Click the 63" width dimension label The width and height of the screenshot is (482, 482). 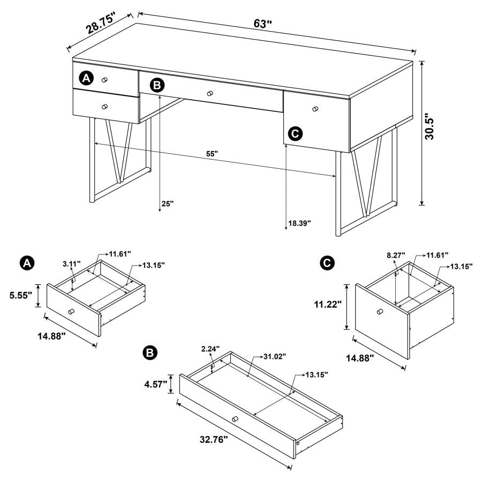[263, 24]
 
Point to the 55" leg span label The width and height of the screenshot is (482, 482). [212, 154]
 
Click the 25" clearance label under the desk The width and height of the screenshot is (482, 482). [168, 204]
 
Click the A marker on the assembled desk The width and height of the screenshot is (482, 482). [86, 79]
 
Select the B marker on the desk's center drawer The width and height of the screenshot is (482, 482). [156, 85]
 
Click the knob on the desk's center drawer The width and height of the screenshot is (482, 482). [210, 94]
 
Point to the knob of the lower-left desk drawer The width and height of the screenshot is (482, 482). [104, 106]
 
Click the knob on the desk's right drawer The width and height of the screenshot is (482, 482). [315, 109]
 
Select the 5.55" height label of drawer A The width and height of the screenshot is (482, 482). [20, 295]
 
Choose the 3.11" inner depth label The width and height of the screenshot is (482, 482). [71, 264]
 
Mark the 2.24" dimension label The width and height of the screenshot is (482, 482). [211, 349]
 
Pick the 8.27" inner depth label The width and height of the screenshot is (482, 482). [396, 256]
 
